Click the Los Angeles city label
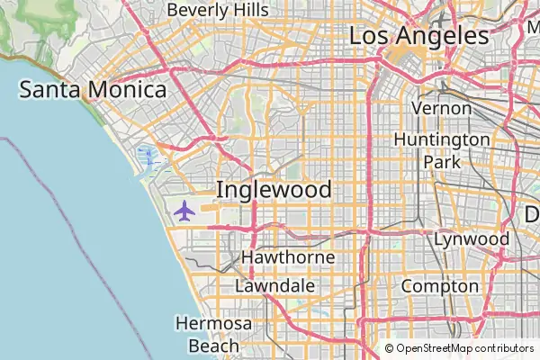click(x=418, y=36)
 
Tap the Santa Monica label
click(x=94, y=90)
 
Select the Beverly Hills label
click(x=217, y=9)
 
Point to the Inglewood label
click(x=274, y=190)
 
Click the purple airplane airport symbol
click(x=184, y=211)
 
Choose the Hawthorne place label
click(x=288, y=257)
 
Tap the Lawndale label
click(x=274, y=285)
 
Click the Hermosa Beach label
click(x=214, y=334)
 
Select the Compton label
click(x=439, y=286)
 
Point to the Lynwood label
click(x=472, y=239)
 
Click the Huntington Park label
click(x=441, y=150)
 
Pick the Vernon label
click(x=441, y=108)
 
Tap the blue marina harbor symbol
click(x=147, y=160)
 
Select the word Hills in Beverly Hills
click(x=249, y=9)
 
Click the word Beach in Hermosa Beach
click(x=214, y=345)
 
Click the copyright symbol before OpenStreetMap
click(x=390, y=348)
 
